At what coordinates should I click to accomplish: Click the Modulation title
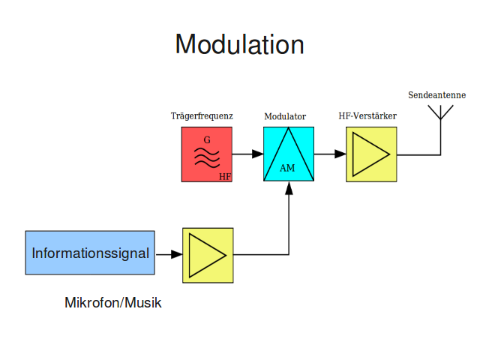click(240, 44)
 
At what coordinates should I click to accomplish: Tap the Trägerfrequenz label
click(202, 116)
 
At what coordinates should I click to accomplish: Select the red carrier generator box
click(207, 154)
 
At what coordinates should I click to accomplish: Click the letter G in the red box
click(207, 140)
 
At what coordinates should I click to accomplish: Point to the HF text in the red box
click(225, 177)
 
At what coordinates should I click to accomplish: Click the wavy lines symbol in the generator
click(207, 157)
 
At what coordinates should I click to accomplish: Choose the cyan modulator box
click(289, 154)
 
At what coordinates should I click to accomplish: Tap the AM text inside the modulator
click(287, 168)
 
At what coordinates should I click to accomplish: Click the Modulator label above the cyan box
click(285, 117)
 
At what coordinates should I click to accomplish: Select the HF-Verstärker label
click(367, 116)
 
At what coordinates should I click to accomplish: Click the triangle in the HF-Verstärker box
click(371, 154)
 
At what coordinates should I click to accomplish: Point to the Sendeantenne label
click(436, 95)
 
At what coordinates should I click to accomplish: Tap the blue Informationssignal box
click(90, 253)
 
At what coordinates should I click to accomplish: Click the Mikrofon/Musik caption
click(113, 303)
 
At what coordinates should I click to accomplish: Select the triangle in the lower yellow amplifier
click(208, 255)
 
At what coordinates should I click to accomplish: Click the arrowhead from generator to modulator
click(258, 154)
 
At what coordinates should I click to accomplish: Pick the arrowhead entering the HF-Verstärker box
click(340, 154)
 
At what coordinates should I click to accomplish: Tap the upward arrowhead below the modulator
click(289, 188)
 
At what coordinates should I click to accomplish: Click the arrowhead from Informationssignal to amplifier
click(177, 254)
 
